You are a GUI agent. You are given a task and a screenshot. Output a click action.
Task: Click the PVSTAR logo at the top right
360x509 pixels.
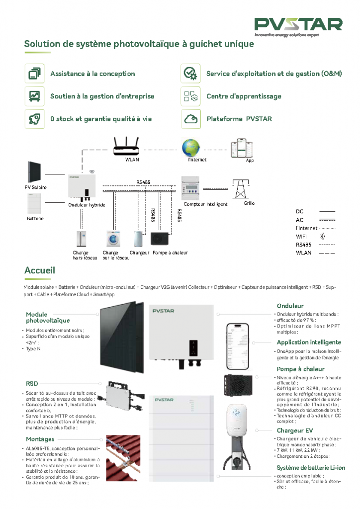298,26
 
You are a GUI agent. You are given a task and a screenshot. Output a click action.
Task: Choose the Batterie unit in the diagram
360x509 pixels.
35,203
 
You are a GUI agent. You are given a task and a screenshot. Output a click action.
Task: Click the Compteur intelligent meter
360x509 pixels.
197,188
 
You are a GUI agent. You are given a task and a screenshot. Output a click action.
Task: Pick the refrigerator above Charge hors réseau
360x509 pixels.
81,239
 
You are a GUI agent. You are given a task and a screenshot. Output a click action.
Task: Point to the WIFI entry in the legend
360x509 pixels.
301,236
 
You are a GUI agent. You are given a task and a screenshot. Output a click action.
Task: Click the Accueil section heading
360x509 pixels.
39,270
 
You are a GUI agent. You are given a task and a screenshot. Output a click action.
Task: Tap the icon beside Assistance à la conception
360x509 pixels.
35,74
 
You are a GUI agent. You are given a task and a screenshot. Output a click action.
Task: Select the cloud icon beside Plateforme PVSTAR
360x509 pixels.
190,119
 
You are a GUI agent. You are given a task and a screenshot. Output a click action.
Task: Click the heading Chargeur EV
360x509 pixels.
294,430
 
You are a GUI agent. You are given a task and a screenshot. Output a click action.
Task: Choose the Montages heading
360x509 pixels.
40,439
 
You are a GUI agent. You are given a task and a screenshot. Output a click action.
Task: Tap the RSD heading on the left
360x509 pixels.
32,384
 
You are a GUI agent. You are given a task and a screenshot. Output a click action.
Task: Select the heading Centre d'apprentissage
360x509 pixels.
244,96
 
